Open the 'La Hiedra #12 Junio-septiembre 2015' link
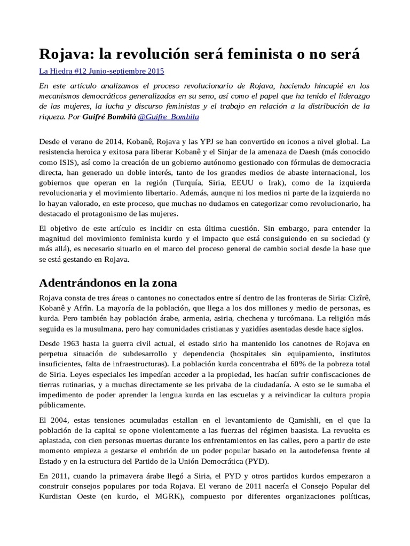(102, 71)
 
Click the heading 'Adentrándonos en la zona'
(108, 282)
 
